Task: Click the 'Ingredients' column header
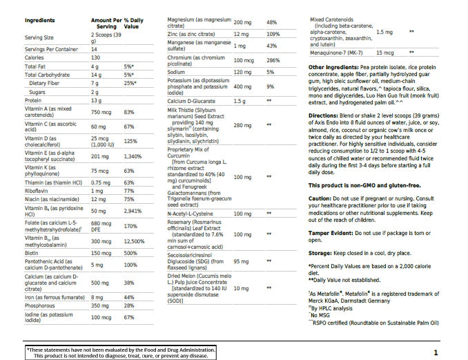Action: click(x=39, y=21)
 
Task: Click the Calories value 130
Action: click(x=95, y=57)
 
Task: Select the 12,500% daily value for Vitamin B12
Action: click(x=134, y=242)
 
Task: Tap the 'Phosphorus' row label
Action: click(x=39, y=305)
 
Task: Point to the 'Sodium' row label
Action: click(x=177, y=72)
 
